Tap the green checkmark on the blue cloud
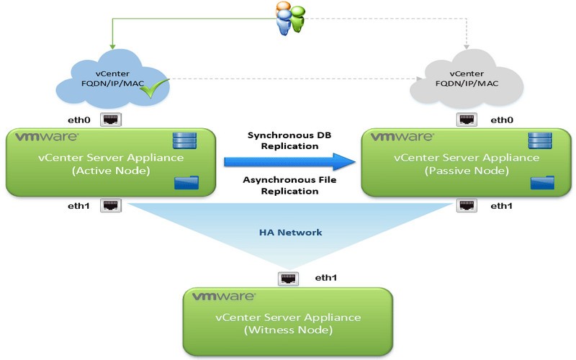(x=157, y=86)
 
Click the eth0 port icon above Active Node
(x=110, y=120)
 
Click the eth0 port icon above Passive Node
(x=466, y=120)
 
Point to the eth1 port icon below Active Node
(x=110, y=205)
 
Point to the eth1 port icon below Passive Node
(x=466, y=205)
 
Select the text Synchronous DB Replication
(x=283, y=140)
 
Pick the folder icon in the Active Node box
(x=183, y=184)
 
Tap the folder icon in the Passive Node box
(x=539, y=184)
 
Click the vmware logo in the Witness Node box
(x=217, y=296)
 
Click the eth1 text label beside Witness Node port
(x=326, y=277)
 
